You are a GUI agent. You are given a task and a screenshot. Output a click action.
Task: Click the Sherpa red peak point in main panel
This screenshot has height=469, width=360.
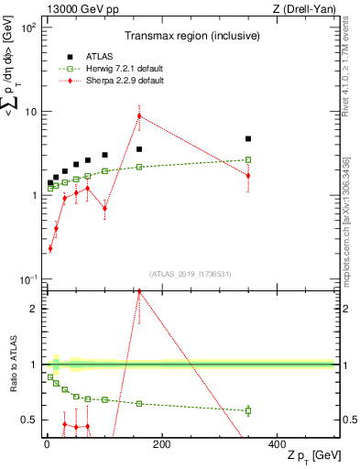point(139,115)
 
